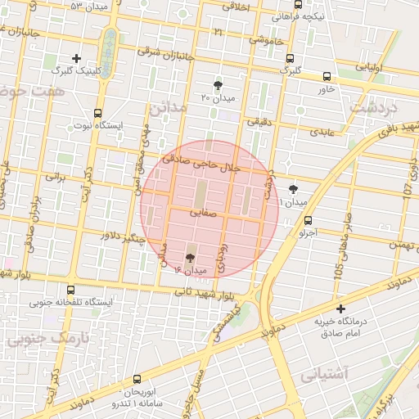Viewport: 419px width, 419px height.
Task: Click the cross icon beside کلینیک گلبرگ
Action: click(77, 58)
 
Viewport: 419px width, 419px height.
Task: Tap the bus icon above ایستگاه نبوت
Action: click(98, 114)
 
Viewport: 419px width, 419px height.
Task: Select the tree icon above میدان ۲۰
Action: click(218, 85)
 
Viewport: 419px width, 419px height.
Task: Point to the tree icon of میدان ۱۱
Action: click(294, 188)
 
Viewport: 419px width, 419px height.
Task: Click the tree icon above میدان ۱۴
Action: click(191, 257)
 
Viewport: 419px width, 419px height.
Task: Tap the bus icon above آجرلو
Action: click(308, 220)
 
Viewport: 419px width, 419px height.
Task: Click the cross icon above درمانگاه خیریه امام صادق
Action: click(341, 309)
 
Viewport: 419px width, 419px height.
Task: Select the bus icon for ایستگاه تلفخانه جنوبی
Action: click(70, 290)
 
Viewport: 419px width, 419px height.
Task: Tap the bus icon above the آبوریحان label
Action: click(137, 380)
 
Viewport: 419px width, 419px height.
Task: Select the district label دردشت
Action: click(372, 107)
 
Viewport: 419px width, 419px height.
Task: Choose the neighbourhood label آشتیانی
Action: click(325, 376)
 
